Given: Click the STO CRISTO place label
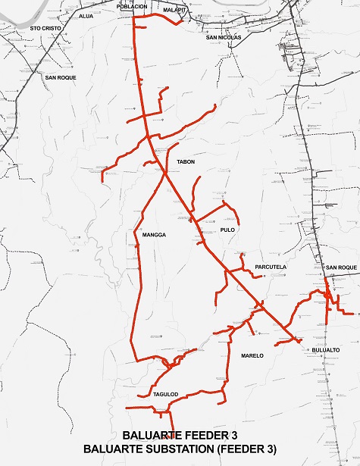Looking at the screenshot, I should pyautogui.click(x=45, y=27).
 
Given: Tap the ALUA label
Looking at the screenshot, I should pyautogui.click(x=86, y=15).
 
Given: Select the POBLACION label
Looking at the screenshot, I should pyautogui.click(x=132, y=5).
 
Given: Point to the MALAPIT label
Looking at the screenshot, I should pyautogui.click(x=174, y=11).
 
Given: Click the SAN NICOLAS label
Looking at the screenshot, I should pyautogui.click(x=223, y=36).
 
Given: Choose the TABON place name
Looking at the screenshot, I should pyautogui.click(x=186, y=162).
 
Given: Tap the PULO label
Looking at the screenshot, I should pyautogui.click(x=228, y=230).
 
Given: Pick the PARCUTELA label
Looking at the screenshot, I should pyautogui.click(x=271, y=267).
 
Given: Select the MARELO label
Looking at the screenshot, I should pyautogui.click(x=252, y=355).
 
